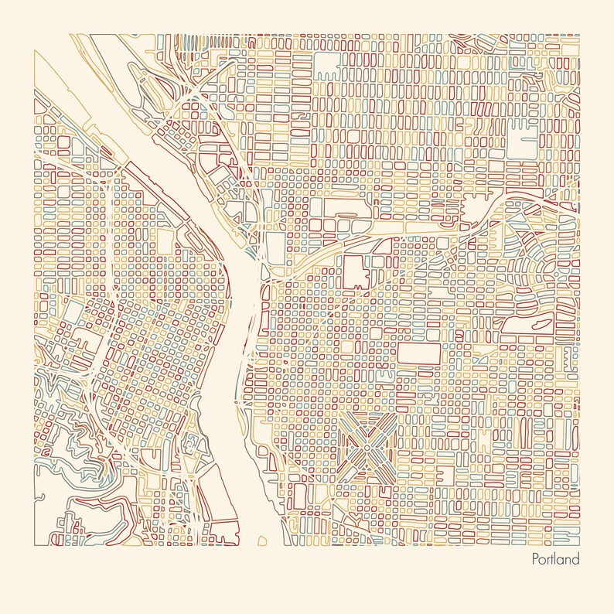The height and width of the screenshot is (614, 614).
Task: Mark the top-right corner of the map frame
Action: pyautogui.click(x=579, y=34)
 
